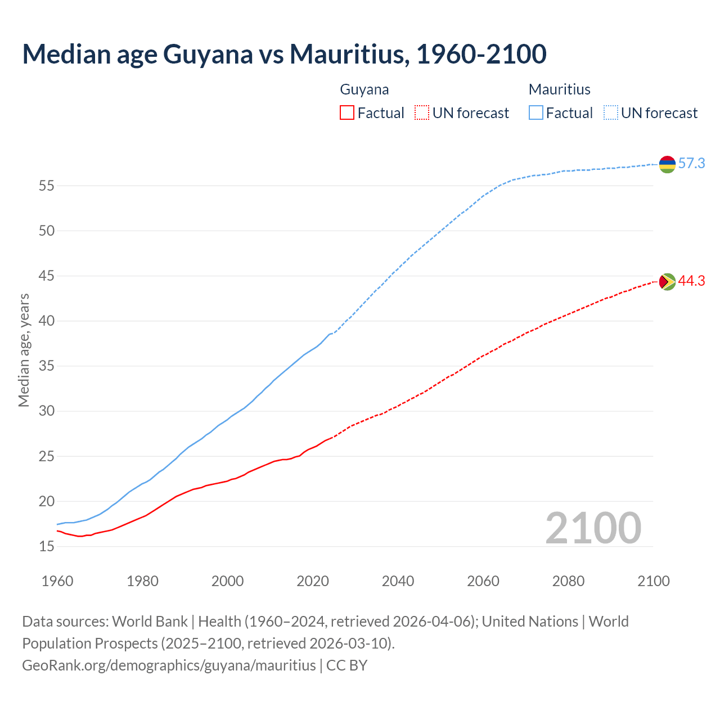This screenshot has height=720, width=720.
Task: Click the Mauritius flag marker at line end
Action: [667, 164]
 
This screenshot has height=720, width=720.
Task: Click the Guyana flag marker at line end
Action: [667, 281]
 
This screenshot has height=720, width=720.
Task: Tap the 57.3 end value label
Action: [691, 164]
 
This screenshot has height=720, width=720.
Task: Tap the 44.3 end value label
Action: [691, 281]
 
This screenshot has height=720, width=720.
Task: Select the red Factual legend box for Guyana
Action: [347, 113]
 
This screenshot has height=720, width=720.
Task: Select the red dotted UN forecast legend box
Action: [422, 113]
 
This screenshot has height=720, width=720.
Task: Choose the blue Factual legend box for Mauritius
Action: [536, 113]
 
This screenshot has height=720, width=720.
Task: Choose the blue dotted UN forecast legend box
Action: [610, 113]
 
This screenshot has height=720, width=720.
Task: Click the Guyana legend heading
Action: [364, 89]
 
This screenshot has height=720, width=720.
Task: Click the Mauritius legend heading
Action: [560, 89]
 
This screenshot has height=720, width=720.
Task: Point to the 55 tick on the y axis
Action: [46, 186]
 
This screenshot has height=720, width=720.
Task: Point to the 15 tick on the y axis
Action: [46, 546]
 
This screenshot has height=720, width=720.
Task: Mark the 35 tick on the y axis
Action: [46, 366]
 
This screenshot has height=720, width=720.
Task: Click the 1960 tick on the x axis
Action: [57, 581]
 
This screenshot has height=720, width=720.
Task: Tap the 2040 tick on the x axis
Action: [398, 581]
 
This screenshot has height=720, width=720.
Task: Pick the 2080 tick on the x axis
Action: [568, 581]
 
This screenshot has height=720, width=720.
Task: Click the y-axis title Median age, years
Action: [24, 350]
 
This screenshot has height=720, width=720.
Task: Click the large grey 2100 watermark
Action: [593, 528]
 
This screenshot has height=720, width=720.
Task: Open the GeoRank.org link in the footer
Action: [169, 665]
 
